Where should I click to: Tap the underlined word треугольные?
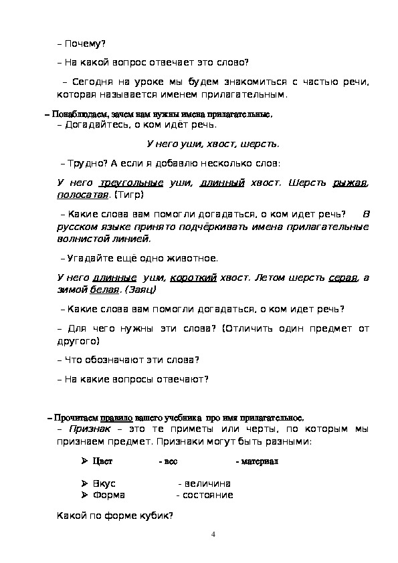[131, 183]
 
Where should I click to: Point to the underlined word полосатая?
[82, 195]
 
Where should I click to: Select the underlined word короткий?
[193, 277]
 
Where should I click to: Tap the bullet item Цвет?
[102, 462]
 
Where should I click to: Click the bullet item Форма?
[108, 495]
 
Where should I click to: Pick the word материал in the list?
[260, 462]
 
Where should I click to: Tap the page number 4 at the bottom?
[213, 534]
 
